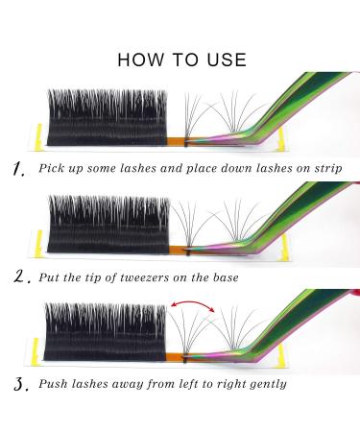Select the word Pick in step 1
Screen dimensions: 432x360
click(x=54, y=167)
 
